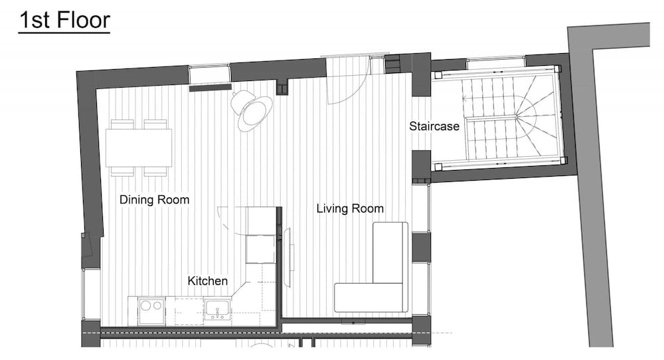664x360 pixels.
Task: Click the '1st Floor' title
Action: (64, 21)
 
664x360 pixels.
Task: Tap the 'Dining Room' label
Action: (154, 199)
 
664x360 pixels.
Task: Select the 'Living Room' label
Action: (350, 209)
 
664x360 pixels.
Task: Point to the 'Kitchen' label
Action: (207, 281)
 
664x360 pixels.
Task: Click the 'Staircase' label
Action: (434, 126)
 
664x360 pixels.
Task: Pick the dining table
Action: (139, 148)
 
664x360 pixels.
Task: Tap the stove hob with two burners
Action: (151, 311)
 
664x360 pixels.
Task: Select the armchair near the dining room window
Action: (252, 110)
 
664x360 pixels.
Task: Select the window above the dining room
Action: (209, 74)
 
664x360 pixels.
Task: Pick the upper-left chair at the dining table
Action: (122, 124)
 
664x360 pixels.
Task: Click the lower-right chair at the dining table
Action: (155, 171)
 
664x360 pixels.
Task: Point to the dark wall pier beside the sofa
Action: (421, 247)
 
